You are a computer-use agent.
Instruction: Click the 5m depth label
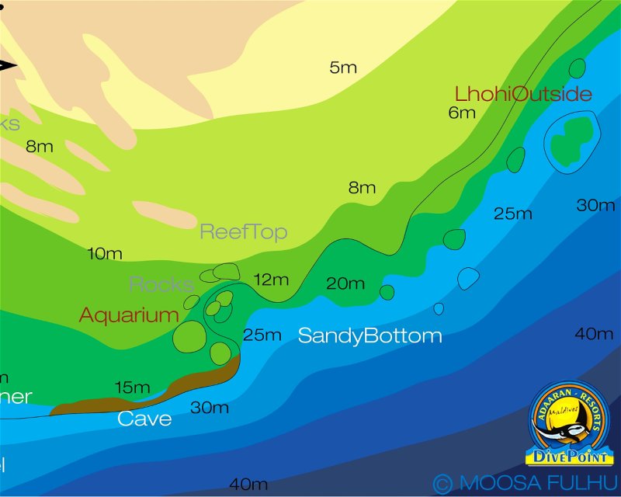tap(343, 68)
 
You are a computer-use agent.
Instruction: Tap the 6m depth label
tap(462, 113)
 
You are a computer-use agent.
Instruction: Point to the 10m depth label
tap(105, 254)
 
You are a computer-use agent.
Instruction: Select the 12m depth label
tap(271, 280)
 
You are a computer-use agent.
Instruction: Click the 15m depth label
tap(132, 387)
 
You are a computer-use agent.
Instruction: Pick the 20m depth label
tap(345, 283)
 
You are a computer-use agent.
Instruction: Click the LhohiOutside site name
tap(523, 95)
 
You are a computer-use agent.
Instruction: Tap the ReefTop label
tap(244, 231)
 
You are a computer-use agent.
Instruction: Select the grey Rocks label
tap(161, 284)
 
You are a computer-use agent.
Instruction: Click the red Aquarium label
tap(129, 315)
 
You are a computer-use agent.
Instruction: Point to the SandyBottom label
tap(370, 336)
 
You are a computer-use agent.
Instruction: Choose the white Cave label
tap(144, 419)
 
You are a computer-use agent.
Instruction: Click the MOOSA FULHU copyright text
tap(526, 483)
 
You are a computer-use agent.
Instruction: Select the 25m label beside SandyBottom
tap(262, 335)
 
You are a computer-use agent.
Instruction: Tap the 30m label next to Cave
tap(210, 408)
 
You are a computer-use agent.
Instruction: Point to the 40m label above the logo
tap(595, 334)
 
